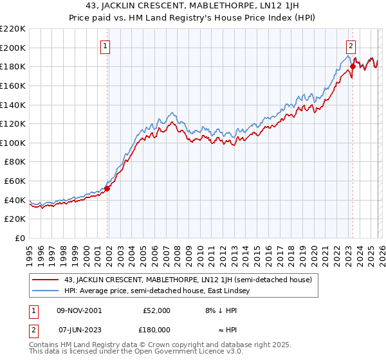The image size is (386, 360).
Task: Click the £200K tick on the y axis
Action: click(13, 48)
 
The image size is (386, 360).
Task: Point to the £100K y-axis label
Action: click(13, 143)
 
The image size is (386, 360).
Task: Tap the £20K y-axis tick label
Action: click(15, 219)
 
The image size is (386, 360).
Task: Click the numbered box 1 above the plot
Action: click(105, 46)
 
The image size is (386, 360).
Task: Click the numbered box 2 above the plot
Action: click(351, 46)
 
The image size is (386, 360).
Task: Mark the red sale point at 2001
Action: click(107, 188)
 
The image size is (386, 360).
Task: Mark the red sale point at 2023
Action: click(353, 66)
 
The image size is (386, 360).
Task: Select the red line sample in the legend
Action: click(46, 280)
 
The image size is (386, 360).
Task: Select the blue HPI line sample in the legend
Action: click(46, 291)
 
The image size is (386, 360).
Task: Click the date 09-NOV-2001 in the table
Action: click(79, 310)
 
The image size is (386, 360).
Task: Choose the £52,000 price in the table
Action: click(156, 310)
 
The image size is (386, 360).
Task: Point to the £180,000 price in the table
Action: click(156, 329)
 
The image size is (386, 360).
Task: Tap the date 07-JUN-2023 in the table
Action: click(79, 329)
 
